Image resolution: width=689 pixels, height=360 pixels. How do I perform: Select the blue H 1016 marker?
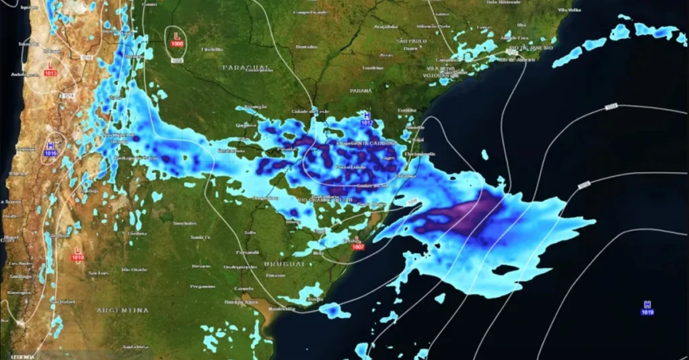tap(50, 149)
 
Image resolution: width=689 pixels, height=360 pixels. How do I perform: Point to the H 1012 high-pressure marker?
tap(367, 119)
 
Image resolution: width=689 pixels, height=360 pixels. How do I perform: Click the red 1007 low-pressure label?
tap(358, 248)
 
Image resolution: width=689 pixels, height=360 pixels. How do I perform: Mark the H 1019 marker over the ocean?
tap(647, 308)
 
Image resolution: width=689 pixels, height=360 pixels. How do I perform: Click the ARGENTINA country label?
tap(122, 310)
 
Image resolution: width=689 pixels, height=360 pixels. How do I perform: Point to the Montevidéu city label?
tap(281, 309)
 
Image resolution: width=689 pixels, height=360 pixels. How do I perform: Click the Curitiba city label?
tap(407, 110)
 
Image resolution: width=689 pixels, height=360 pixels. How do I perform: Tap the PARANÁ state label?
tap(361, 90)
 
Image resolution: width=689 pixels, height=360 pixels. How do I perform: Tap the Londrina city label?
tap(372, 68)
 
